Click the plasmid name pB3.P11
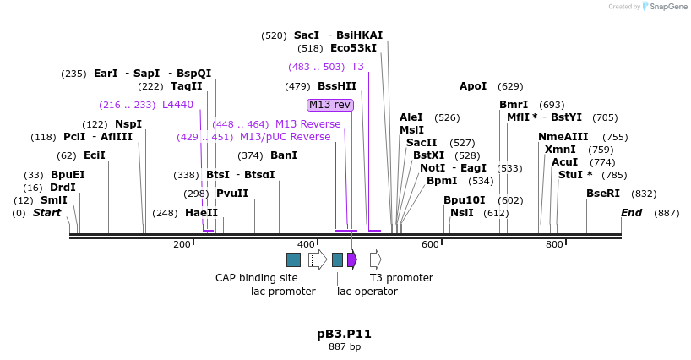344,334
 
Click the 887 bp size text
344,346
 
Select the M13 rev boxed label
329,105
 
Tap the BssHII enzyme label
337,86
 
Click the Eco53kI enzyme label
354,48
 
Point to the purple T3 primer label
357,66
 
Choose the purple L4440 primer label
177,105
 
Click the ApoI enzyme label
473,86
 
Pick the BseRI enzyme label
603,194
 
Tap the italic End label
632,213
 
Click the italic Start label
47,213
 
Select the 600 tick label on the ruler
430,244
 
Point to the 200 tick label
182,244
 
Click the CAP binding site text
256,277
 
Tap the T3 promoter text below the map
401,277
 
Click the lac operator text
367,292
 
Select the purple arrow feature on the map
351,259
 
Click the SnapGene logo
662,7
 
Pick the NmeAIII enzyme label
560,137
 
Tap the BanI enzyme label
284,155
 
